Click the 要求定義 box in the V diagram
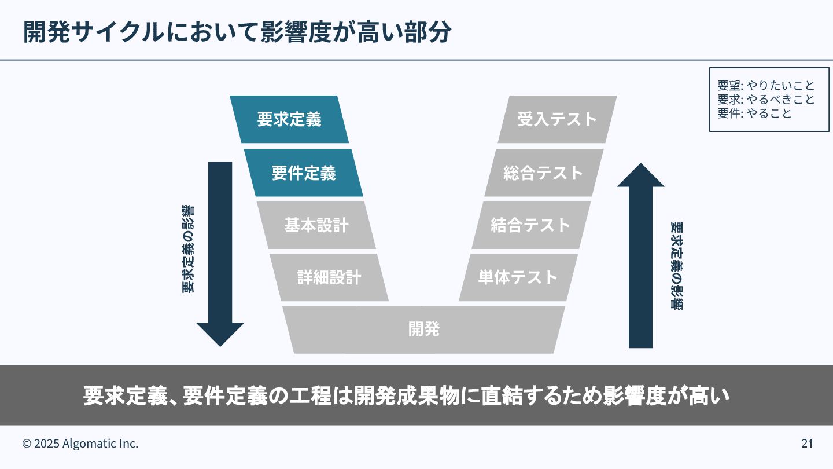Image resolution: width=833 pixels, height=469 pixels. (x=289, y=119)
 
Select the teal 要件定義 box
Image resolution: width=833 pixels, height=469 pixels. (x=303, y=173)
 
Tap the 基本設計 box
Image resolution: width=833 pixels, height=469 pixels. (x=316, y=225)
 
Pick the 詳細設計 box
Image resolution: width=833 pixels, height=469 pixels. (x=329, y=277)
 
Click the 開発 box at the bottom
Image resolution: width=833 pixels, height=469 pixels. (x=424, y=329)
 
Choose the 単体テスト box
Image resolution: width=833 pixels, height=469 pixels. (x=518, y=277)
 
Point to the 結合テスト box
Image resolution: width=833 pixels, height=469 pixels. (x=531, y=225)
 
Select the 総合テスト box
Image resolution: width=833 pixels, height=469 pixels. (x=544, y=173)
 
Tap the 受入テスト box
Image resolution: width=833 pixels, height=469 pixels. (x=557, y=119)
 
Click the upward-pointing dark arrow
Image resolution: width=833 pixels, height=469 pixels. (x=640, y=255)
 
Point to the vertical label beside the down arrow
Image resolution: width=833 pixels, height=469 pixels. (x=188, y=249)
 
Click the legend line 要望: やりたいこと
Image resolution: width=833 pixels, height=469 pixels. (x=766, y=86)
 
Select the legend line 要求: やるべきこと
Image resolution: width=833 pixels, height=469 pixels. (x=766, y=100)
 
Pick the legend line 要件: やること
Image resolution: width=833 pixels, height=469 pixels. (x=754, y=113)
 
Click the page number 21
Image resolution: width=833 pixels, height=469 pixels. (x=807, y=444)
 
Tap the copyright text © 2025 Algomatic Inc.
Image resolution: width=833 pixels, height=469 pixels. (x=80, y=444)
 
